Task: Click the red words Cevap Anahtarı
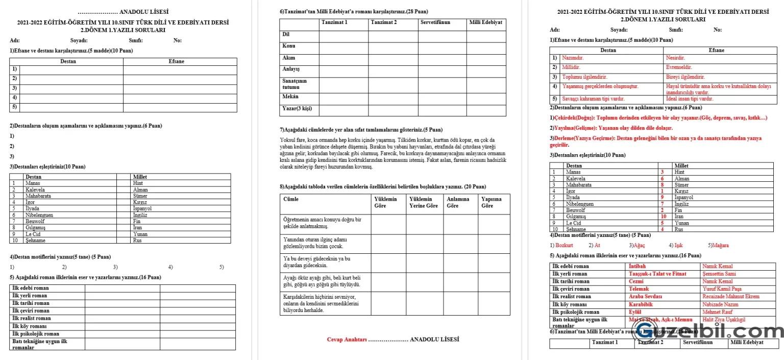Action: pos(347,340)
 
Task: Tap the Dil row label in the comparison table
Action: pos(286,34)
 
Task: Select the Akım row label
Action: pos(288,58)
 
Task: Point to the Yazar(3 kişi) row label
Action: pos(297,108)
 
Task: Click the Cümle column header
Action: pos(291,199)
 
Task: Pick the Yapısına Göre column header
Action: pos(492,202)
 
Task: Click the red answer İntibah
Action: pos(637,266)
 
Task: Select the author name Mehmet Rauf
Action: pos(717,312)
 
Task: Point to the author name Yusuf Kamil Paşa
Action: pos(722,289)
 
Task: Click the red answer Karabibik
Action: pos(641,304)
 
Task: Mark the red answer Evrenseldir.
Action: pos(679,67)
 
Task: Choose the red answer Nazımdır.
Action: pos(573,58)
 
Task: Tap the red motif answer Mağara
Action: pos(720,245)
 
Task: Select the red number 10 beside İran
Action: pos(663,217)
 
